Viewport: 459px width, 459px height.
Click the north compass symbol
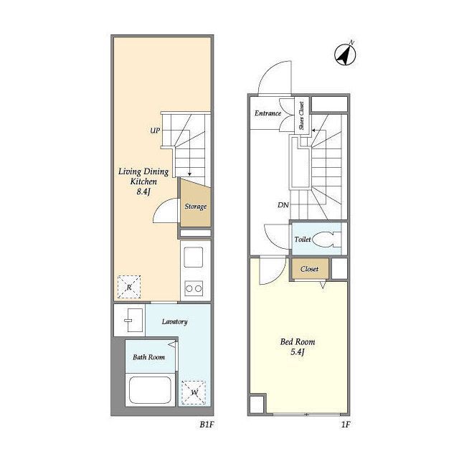345,55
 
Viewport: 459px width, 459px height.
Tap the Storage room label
196,207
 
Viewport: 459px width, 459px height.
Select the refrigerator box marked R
129,287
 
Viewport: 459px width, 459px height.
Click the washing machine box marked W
194,392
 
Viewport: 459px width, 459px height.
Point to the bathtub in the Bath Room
150,389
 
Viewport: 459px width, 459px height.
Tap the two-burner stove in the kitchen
194,288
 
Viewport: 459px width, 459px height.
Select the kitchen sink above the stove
194,257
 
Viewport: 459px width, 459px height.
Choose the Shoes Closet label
301,115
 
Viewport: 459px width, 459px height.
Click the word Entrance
268,113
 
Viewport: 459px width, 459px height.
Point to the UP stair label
155,131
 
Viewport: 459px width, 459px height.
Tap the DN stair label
283,205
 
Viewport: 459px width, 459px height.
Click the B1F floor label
207,425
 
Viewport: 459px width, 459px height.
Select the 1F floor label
346,425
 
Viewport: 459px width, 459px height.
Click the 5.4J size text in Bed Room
298,352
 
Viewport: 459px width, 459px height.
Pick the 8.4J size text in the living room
143,191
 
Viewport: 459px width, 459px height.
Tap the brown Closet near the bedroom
309,269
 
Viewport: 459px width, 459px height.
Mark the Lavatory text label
175,322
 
